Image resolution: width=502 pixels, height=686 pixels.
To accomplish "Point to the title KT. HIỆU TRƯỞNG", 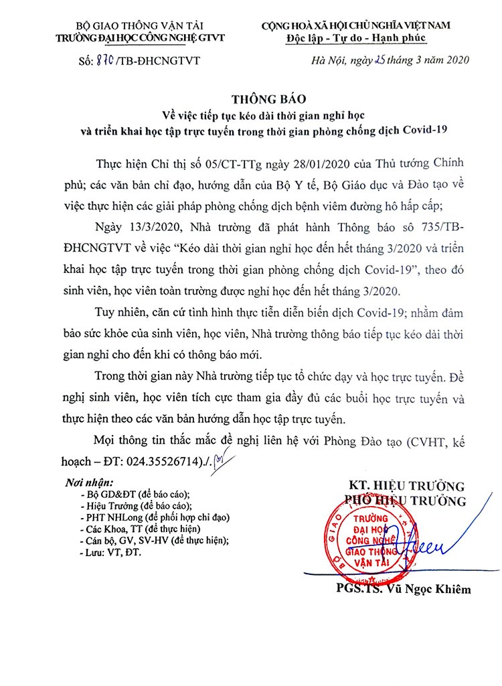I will tap(407, 485).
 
